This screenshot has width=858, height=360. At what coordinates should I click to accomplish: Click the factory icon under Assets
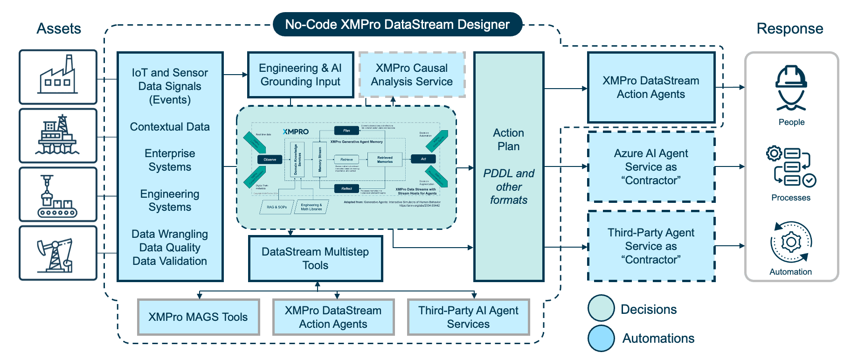(x=58, y=76)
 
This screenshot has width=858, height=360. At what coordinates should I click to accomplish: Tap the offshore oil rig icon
(x=58, y=135)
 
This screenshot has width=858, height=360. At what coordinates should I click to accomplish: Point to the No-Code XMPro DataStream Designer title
(x=397, y=24)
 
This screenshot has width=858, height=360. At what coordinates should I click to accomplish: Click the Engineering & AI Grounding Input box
(x=300, y=75)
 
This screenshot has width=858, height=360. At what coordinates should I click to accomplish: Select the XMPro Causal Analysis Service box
(x=412, y=75)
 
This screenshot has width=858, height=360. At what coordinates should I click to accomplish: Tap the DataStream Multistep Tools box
(x=315, y=258)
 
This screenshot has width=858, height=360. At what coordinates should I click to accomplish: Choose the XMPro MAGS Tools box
(x=198, y=317)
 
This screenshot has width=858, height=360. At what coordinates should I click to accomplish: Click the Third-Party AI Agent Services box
(x=468, y=317)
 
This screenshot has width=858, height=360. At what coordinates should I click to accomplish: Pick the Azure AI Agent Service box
(x=651, y=166)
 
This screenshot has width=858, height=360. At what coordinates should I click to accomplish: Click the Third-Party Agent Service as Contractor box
(x=651, y=246)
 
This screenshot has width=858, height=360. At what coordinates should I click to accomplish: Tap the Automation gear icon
(x=791, y=242)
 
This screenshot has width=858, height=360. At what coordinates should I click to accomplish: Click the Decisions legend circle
(x=601, y=308)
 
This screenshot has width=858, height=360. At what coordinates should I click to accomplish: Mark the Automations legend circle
(x=601, y=338)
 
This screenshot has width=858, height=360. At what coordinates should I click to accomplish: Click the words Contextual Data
(x=170, y=127)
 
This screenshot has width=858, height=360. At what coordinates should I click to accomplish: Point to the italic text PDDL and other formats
(x=509, y=187)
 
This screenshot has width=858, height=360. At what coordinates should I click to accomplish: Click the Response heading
(x=789, y=28)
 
